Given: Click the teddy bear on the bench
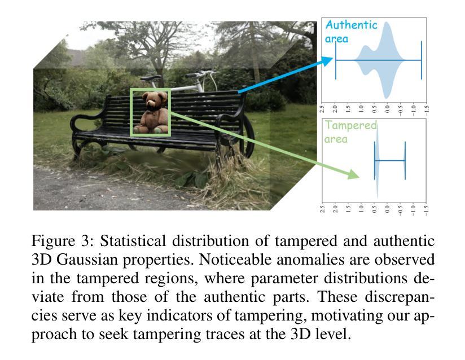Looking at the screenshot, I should click(154, 113).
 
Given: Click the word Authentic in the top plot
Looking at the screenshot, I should click(351, 25).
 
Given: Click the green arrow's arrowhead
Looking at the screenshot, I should click(354, 174).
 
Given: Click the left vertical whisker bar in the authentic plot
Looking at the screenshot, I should click(336, 60).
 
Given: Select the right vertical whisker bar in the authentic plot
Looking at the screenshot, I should click(421, 60).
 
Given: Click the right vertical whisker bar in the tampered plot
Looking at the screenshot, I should click(405, 161).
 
